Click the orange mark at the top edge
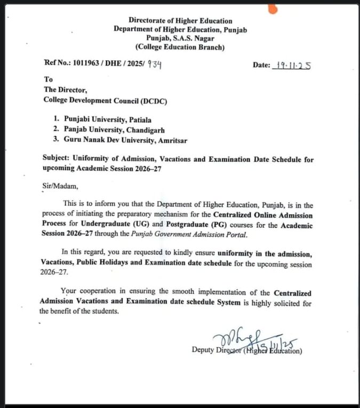[x=273, y=7]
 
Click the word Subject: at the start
[x=57, y=159]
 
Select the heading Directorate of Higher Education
[x=180, y=20]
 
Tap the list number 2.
[x=55, y=130]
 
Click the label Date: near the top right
[x=262, y=65]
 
